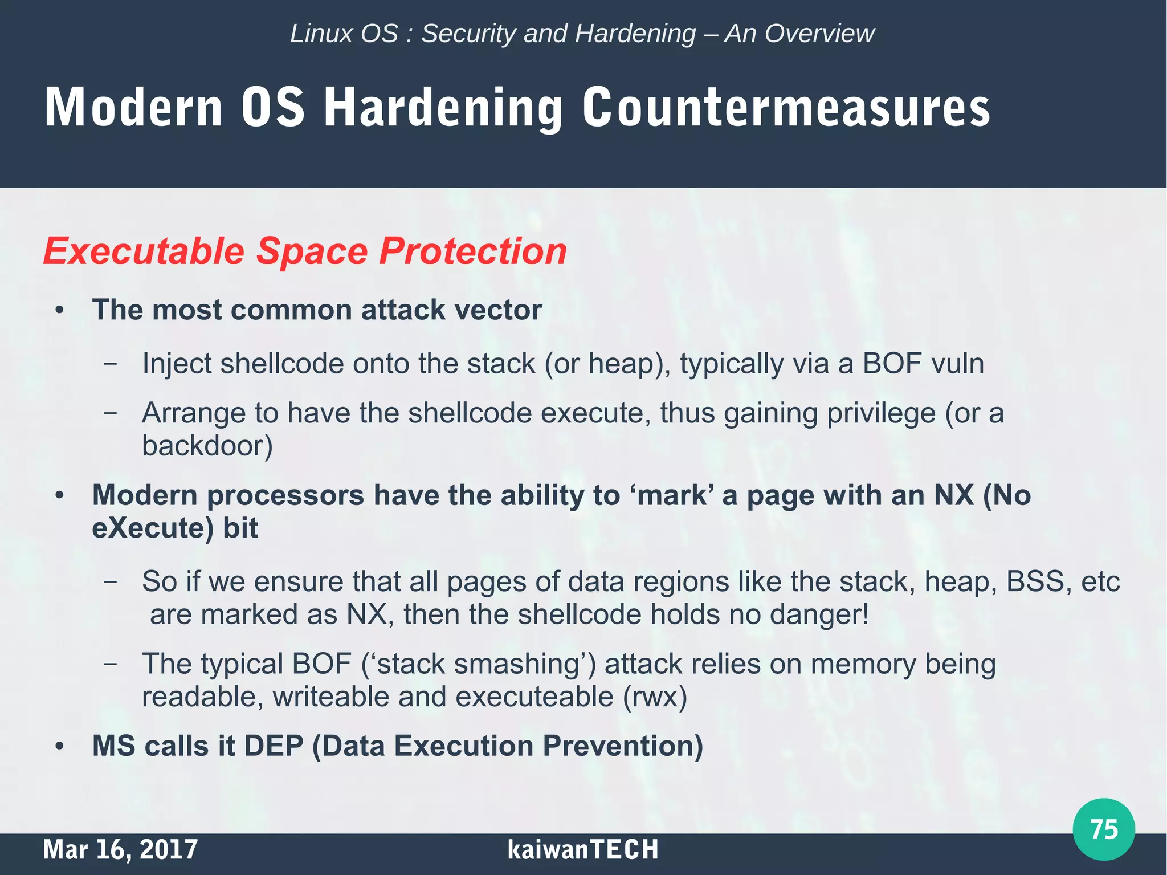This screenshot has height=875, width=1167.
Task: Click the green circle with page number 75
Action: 1103,829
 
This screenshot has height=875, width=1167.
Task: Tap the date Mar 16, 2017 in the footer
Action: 120,849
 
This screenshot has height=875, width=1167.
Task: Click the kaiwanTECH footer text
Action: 582,849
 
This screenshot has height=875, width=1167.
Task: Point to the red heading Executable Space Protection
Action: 305,251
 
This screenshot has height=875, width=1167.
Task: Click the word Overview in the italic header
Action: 819,34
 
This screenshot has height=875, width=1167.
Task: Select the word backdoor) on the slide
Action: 207,446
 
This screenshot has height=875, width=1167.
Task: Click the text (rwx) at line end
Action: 655,697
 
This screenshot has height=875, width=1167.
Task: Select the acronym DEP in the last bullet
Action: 274,746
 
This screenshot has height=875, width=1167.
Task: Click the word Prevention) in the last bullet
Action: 623,746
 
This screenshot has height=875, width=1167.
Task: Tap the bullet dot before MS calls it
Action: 59,746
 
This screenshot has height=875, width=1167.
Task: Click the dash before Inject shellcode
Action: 111,364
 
